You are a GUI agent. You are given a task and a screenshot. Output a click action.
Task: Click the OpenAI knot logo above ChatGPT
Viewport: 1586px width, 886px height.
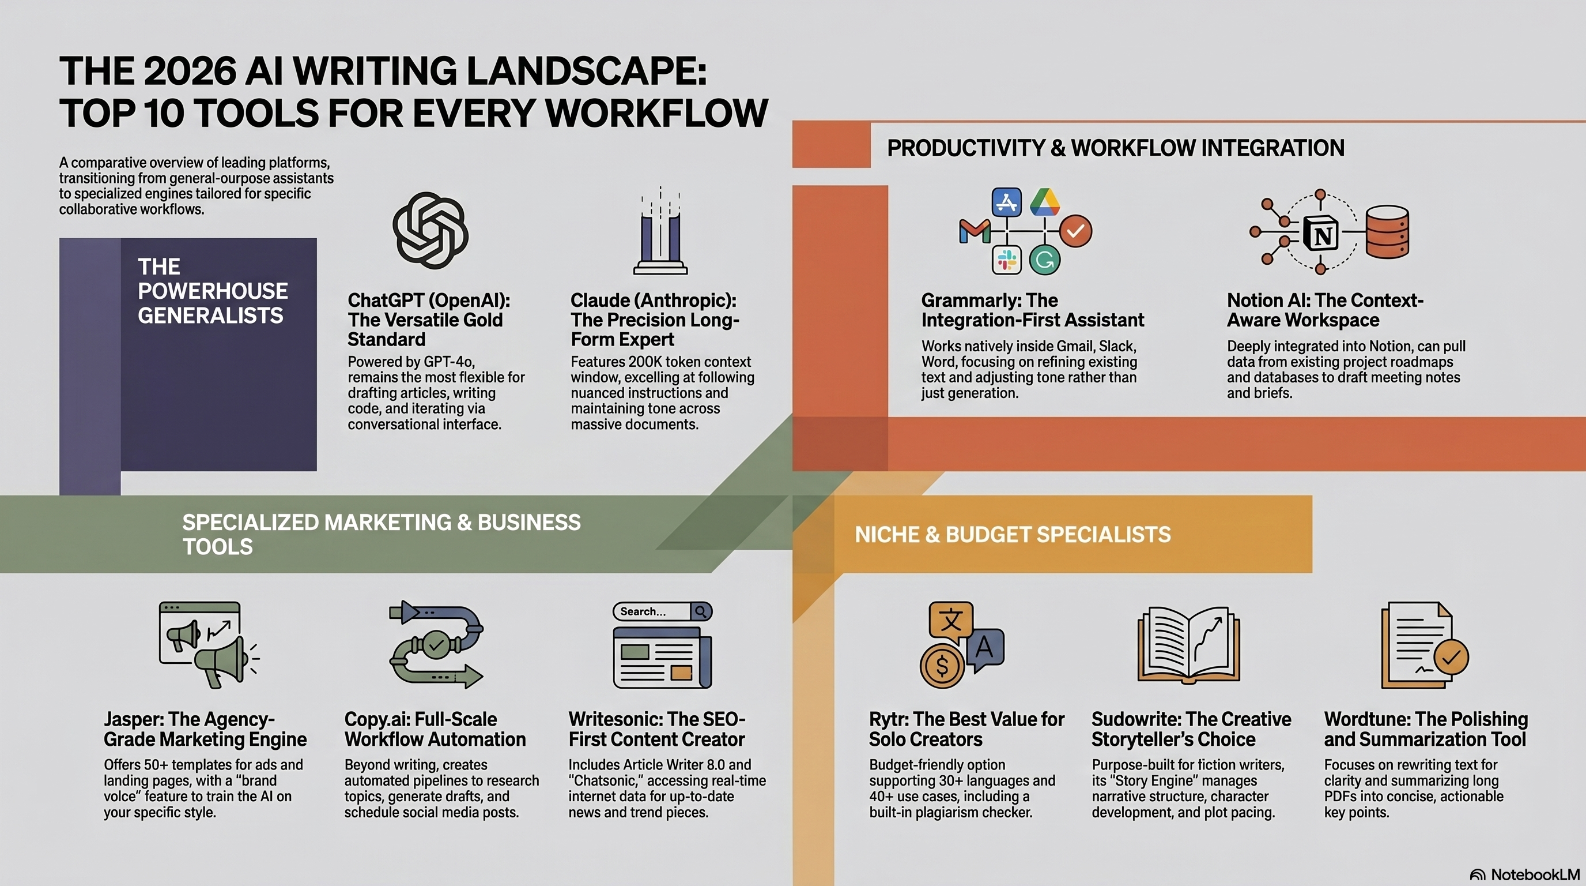pyautogui.click(x=431, y=230)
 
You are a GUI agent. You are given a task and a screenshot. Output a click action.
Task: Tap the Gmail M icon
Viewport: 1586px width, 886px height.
pyautogui.click(x=975, y=232)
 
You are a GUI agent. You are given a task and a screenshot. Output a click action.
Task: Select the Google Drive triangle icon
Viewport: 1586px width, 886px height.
pyautogui.click(x=1044, y=202)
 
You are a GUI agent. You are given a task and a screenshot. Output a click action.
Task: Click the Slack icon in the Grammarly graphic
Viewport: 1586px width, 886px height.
pyautogui.click(x=1007, y=260)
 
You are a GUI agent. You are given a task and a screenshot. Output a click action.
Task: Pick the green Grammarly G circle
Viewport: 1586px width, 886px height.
pyautogui.click(x=1045, y=260)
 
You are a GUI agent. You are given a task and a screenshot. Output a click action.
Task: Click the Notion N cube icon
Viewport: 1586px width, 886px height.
pyautogui.click(x=1322, y=234)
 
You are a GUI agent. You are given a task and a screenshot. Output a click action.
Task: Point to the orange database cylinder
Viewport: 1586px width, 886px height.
pyautogui.click(x=1387, y=232)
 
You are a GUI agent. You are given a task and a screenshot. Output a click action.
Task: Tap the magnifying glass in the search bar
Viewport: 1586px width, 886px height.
pyautogui.click(x=701, y=611)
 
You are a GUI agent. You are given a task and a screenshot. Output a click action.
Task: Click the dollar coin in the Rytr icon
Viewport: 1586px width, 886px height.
pyautogui.click(x=942, y=666)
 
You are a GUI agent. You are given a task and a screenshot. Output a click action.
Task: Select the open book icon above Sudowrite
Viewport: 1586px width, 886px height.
pyautogui.click(x=1188, y=644)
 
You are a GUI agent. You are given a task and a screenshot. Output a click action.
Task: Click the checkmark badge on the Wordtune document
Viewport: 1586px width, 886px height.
pyautogui.click(x=1451, y=658)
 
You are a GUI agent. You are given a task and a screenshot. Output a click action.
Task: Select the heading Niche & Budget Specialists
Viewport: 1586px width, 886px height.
pyautogui.click(x=1013, y=534)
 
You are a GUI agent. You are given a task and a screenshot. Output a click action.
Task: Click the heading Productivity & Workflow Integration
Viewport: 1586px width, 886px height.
pyautogui.click(x=1116, y=148)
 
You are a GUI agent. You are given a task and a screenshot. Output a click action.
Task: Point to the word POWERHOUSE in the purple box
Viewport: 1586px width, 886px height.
pyautogui.click(x=213, y=291)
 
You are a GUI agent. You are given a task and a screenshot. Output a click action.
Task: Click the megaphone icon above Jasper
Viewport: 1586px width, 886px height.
pyautogui.click(x=209, y=644)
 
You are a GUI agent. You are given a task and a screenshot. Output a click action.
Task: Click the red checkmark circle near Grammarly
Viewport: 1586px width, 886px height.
pyautogui.click(x=1075, y=231)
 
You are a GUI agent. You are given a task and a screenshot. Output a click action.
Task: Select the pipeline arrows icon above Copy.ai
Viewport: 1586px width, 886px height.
pyautogui.click(x=436, y=644)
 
